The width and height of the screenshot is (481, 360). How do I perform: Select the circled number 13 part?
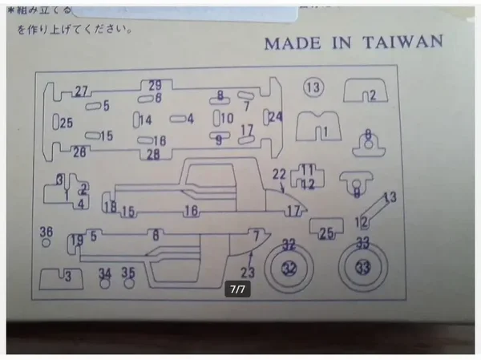point(313,87)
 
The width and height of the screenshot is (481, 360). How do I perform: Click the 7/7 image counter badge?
point(237,289)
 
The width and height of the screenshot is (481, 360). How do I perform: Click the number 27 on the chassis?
point(81,91)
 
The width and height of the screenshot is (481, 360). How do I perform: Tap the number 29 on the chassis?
point(155,85)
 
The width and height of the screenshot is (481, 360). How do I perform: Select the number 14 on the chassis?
point(145,120)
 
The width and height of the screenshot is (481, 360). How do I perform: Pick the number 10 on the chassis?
point(227,119)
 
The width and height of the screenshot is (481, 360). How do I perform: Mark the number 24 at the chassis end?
point(275,117)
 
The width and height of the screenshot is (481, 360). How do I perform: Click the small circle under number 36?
point(46,241)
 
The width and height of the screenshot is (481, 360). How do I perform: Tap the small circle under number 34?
point(104,283)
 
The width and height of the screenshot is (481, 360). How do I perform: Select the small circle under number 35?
point(128,283)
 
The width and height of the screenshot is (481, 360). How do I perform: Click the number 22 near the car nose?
point(278,174)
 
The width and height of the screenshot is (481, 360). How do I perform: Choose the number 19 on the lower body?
point(77,239)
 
